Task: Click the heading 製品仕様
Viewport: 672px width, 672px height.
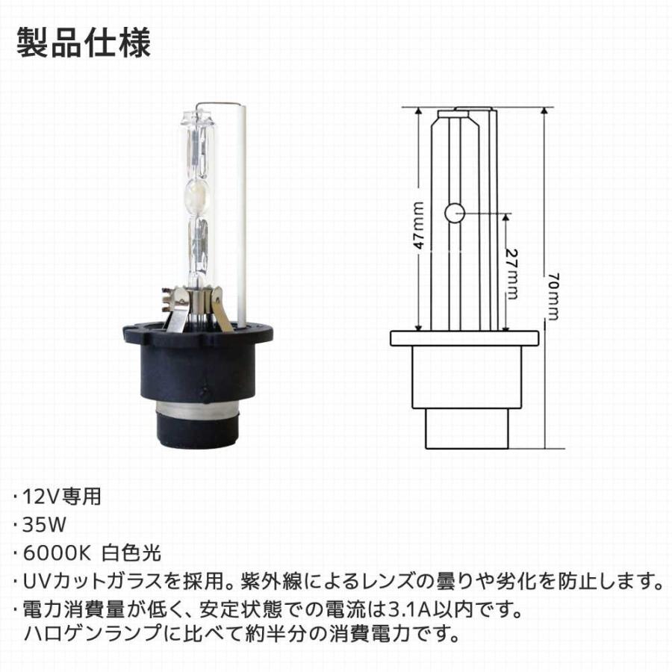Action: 83,43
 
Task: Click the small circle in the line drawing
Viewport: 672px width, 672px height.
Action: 455,214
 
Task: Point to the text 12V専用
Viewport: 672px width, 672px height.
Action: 63,496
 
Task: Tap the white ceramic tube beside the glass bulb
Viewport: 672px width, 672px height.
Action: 240,217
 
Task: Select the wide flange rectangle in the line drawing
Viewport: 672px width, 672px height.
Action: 464,338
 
